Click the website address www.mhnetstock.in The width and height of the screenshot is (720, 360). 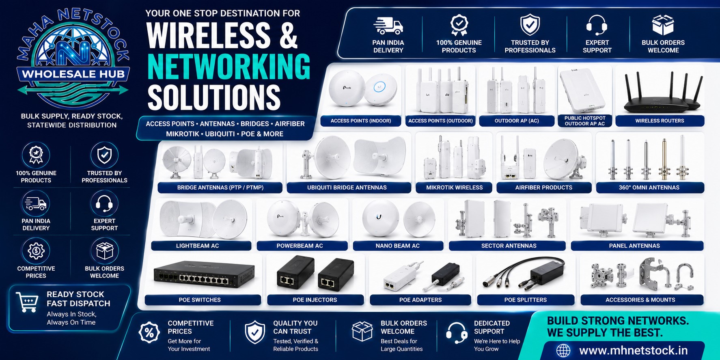tap(633, 350)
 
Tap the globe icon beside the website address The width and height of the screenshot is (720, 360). tap(563, 350)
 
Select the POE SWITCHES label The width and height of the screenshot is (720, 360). tap(200, 300)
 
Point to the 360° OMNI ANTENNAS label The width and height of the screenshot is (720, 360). tap(649, 188)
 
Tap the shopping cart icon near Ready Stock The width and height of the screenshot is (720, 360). tap(27, 302)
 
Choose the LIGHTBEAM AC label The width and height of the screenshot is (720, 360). tap(197, 246)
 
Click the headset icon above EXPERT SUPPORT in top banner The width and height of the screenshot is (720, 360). tap(597, 25)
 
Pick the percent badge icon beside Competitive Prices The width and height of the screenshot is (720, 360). tap(149, 332)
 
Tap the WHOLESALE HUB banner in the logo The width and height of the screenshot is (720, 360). tap(73, 74)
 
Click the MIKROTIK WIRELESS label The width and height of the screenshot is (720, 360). tap(454, 188)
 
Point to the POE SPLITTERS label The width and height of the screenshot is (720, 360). tap(526, 300)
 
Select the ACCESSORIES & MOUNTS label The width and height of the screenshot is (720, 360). tap(640, 300)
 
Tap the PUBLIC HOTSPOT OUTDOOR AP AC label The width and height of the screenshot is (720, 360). tap(585, 121)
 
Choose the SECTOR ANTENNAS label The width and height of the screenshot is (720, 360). tap(509, 246)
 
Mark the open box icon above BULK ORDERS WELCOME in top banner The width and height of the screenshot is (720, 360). tap(663, 25)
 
